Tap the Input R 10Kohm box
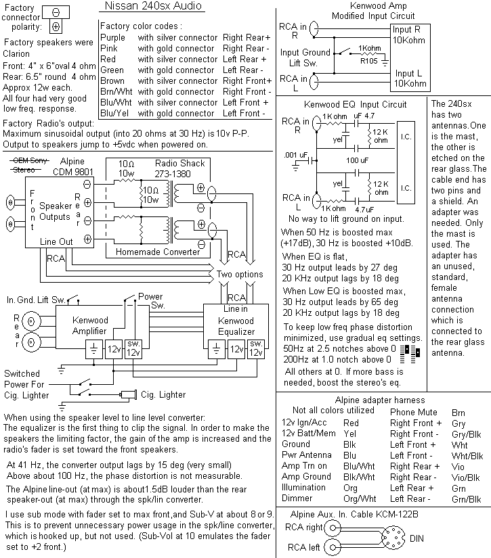410,34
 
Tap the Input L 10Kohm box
410,78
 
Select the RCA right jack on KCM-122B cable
333,528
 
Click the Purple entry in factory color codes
112,38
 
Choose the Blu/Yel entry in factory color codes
113,114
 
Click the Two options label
240,275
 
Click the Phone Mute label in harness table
412,412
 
